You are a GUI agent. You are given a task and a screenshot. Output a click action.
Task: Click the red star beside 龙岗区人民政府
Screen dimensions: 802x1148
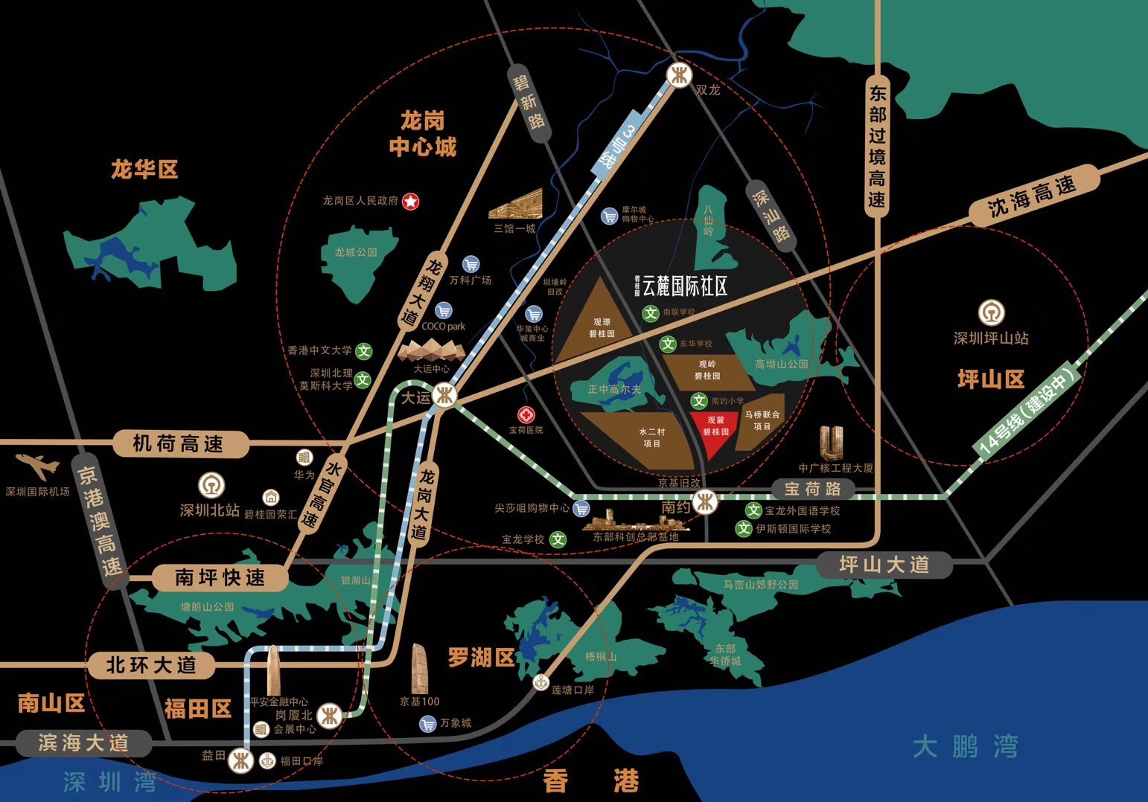click(x=410, y=201)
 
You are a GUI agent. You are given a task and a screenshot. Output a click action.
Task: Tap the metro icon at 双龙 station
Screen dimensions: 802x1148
click(x=678, y=76)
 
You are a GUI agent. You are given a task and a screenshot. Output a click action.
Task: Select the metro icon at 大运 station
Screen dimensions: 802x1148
click(x=445, y=396)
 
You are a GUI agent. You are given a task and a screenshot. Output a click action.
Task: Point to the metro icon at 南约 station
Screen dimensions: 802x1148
click(x=705, y=503)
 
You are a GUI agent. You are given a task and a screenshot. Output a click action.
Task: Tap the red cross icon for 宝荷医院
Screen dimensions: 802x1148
click(x=526, y=415)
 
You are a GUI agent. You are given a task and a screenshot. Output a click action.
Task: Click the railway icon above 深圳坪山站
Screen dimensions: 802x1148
click(x=991, y=313)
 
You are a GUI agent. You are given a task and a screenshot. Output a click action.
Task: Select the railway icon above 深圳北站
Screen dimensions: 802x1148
click(x=211, y=486)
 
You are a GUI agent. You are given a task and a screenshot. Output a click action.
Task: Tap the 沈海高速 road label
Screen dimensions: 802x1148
click(x=1033, y=195)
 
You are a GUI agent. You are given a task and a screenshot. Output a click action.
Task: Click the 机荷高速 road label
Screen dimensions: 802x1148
click(x=178, y=444)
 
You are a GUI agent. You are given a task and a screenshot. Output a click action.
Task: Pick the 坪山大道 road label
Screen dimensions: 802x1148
click(x=884, y=565)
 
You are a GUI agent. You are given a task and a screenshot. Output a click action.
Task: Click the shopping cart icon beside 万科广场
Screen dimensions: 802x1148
click(x=471, y=264)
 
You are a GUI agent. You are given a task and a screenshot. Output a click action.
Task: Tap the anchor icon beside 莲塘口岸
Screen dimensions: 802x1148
click(x=541, y=682)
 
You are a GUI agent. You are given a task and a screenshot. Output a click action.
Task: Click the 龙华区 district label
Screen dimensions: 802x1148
click(x=144, y=170)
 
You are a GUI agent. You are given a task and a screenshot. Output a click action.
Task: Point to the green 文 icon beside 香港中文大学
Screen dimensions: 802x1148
click(x=363, y=350)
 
